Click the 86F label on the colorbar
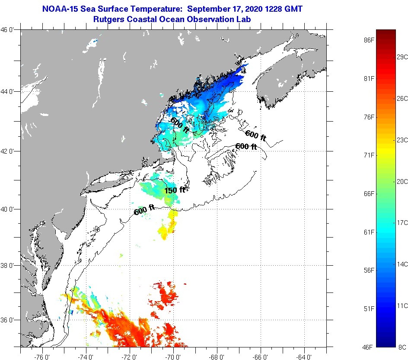pos(369,40)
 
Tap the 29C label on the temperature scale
pos(402,57)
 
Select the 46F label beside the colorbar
pos(369,347)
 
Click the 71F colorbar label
pos(369,155)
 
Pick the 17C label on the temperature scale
pos(402,222)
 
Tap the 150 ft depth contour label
pos(175,190)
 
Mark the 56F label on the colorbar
pos(369,270)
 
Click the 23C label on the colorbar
pos(402,140)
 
